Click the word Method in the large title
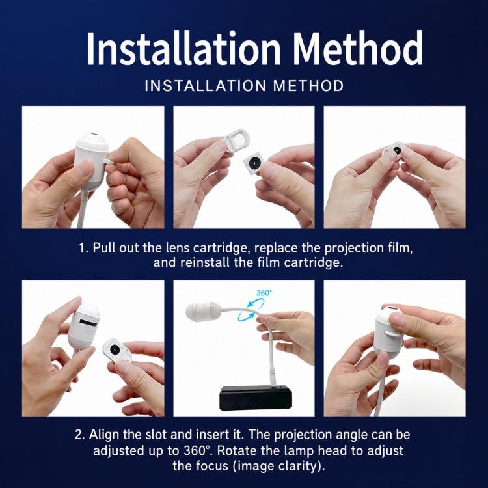click(357, 48)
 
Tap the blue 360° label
click(264, 293)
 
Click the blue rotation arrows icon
click(251, 310)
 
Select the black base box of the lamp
click(256, 398)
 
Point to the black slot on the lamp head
click(89, 322)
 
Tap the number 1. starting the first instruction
click(84, 248)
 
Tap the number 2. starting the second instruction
click(79, 435)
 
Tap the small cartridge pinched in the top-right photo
click(393, 152)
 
